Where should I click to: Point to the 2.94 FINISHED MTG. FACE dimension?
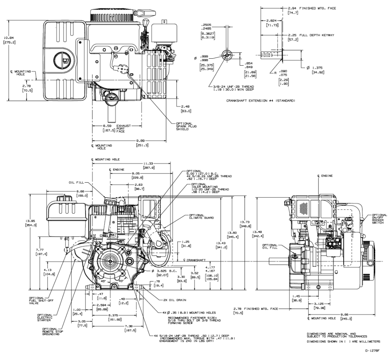click(311, 8)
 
